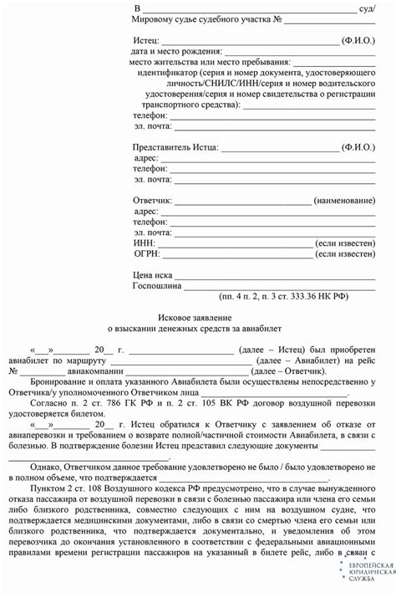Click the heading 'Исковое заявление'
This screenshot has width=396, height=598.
197,319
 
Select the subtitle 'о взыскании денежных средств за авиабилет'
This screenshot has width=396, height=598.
197,331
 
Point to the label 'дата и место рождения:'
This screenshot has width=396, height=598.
177,51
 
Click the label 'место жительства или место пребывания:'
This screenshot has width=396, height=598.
210,62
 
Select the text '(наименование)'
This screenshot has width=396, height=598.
343,202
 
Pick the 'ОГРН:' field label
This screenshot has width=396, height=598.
147,253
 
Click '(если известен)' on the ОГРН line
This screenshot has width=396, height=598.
343,253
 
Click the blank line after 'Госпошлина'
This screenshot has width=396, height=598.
275,285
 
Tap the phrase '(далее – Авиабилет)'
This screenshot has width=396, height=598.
298,360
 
